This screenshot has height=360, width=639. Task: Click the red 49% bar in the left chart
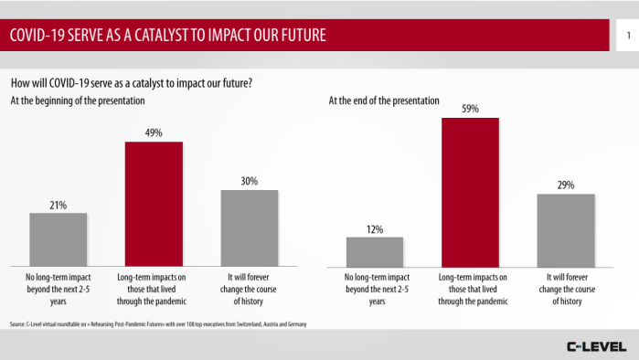click(154, 203)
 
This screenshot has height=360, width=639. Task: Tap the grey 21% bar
click(58, 238)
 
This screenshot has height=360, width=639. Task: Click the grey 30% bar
click(249, 227)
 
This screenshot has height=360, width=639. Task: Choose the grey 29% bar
click(565, 228)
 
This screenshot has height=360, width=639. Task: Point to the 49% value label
click(154, 132)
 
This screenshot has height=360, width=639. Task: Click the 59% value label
click(470, 109)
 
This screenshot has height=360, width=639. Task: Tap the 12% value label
click(374, 228)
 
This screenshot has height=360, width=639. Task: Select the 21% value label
click(58, 205)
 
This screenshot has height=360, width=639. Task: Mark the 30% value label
click(249, 181)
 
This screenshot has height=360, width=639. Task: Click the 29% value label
click(565, 185)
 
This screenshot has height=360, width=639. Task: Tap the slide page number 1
click(629, 36)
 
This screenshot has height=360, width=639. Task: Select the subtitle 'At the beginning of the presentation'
click(77, 100)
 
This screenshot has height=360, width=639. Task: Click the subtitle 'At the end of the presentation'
click(384, 100)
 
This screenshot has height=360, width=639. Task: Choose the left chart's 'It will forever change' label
click(249, 287)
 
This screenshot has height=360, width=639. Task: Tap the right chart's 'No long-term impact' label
click(374, 287)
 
